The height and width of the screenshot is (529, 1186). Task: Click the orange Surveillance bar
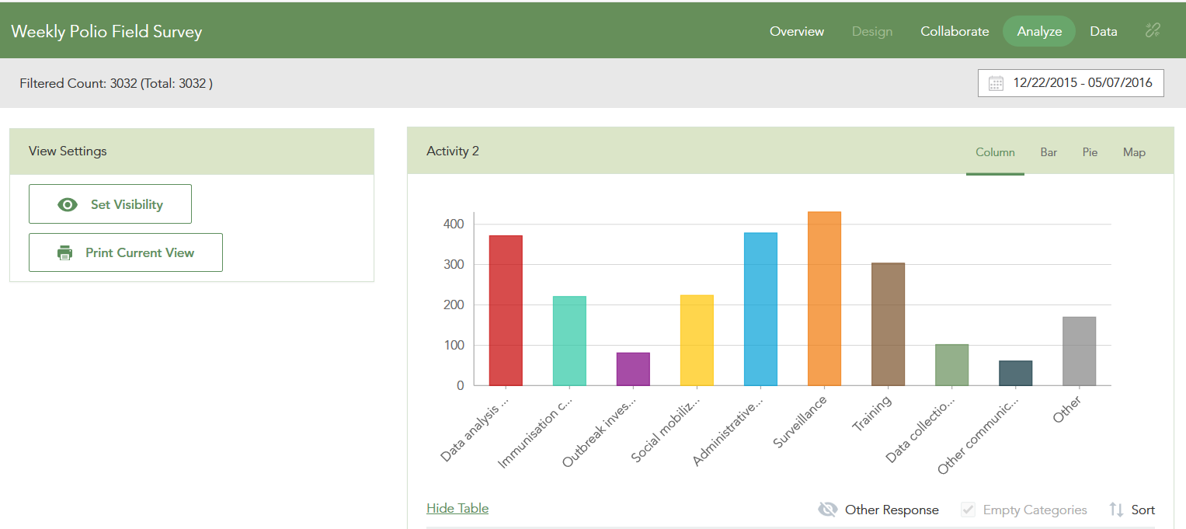(824, 298)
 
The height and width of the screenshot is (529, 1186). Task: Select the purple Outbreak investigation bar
(633, 369)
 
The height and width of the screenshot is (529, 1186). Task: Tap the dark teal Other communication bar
(1015, 374)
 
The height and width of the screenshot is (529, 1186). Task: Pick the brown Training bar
(888, 324)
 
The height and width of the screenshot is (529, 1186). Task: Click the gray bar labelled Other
(1079, 351)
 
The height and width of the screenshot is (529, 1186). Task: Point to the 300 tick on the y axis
(454, 264)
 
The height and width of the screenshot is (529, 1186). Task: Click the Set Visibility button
(110, 204)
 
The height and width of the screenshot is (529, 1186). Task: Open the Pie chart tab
(1090, 152)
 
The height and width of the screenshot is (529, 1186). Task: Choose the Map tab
(1134, 152)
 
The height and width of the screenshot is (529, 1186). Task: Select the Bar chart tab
(1049, 152)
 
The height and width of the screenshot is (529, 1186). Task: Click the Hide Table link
(457, 508)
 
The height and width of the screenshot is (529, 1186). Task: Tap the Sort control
(1132, 510)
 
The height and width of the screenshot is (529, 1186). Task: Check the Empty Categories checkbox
(968, 510)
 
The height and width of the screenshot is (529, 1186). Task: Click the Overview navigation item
(797, 31)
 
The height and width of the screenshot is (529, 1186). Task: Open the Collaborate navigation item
(955, 31)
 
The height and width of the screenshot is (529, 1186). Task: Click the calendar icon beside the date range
(996, 83)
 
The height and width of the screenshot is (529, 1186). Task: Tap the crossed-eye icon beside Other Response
(827, 510)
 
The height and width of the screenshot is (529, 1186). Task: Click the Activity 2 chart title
(453, 151)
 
